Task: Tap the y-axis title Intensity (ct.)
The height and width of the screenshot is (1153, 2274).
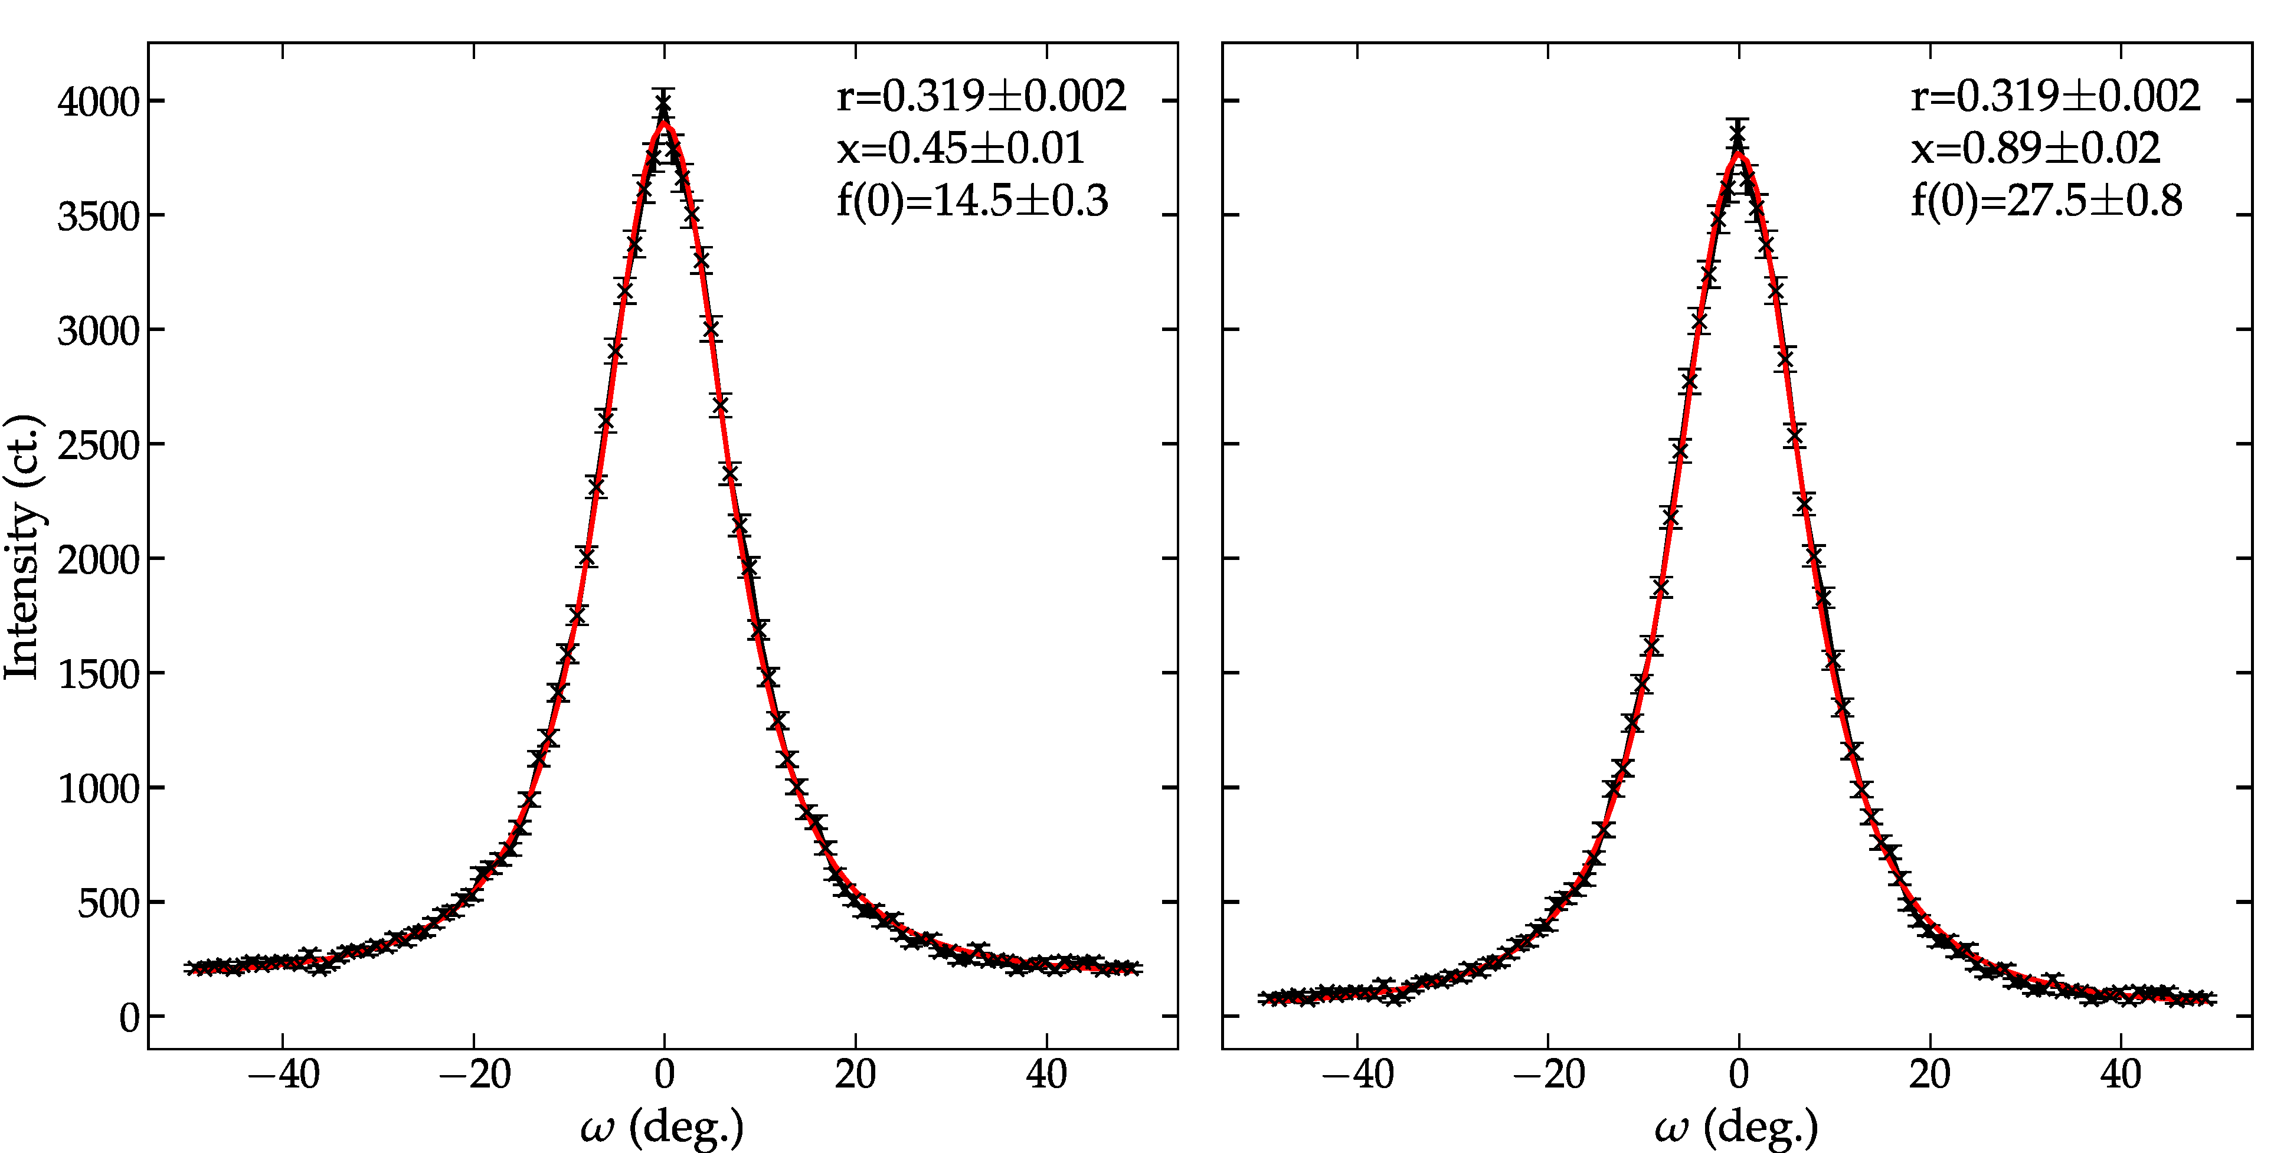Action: click(x=23, y=548)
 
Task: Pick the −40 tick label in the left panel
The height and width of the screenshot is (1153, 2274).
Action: click(x=283, y=1075)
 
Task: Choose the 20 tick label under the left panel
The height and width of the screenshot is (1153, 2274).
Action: click(x=855, y=1075)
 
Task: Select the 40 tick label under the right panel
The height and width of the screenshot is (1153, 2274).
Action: click(x=2121, y=1075)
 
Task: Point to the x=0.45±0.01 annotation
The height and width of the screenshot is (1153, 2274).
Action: click(x=960, y=148)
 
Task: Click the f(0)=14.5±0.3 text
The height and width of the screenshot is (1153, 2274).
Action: click(x=972, y=201)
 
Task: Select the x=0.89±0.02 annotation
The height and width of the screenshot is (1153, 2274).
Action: click(x=2036, y=148)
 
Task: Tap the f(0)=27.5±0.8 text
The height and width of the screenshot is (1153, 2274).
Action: click(x=2046, y=201)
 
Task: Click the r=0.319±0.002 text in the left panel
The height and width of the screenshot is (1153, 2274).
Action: click(x=981, y=96)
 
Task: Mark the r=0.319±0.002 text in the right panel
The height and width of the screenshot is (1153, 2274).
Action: click(x=2055, y=96)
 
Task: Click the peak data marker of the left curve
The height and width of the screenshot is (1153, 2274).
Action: click(x=664, y=107)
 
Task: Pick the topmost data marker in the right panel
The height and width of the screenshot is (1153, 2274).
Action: click(x=1738, y=137)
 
